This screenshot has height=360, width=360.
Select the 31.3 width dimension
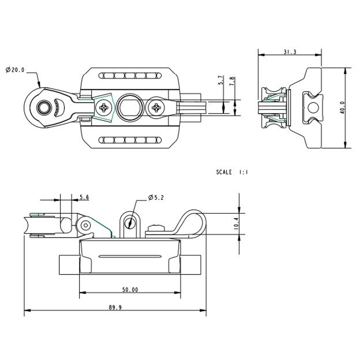pyautogui.click(x=290, y=52)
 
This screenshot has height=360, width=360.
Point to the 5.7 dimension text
pyautogui.click(x=220, y=80)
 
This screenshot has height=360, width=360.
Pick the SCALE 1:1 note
pyautogui.click(x=232, y=172)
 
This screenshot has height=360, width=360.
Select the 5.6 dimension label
pyautogui.click(x=84, y=197)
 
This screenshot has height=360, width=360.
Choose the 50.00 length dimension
pyautogui.click(x=130, y=290)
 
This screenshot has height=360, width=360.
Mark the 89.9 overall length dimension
pyautogui.click(x=115, y=308)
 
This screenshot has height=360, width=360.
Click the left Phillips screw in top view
pyautogui.click(x=104, y=108)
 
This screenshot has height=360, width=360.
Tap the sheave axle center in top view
pyautogui.click(x=42, y=107)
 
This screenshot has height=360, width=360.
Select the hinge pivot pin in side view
pyautogui.click(x=85, y=225)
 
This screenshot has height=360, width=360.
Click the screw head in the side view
pyautogui.click(x=156, y=228)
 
